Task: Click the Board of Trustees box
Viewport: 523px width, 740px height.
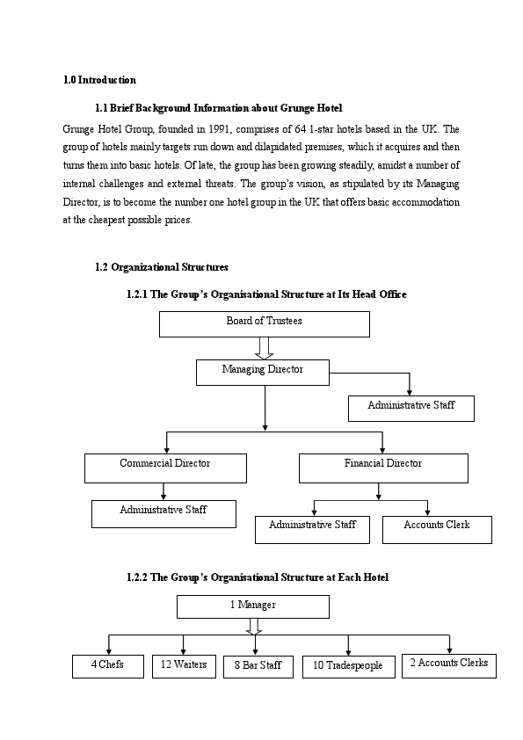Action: [x=264, y=323]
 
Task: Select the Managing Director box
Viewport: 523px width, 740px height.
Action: [x=262, y=372]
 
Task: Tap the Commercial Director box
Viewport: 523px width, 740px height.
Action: [x=165, y=468]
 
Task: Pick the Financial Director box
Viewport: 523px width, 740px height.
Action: [x=383, y=468]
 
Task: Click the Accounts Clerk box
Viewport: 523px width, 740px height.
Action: [x=437, y=529]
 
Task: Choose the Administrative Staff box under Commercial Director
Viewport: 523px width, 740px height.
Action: [x=163, y=513]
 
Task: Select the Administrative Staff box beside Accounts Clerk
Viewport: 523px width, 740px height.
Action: [x=312, y=529]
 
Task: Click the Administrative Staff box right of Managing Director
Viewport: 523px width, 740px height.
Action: [x=410, y=408]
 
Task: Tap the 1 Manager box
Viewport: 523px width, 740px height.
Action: [x=253, y=606]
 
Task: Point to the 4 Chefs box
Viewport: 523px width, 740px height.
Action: [x=107, y=666]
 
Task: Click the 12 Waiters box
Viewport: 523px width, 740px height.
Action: [x=184, y=666]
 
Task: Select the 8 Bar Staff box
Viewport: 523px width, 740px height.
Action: [x=258, y=667]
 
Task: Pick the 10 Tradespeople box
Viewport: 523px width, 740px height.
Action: [x=348, y=667]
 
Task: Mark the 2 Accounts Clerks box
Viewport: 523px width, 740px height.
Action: [x=448, y=665]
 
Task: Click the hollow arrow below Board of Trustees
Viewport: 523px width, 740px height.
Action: [x=264, y=348]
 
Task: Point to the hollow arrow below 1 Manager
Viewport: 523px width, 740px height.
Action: [x=254, y=626]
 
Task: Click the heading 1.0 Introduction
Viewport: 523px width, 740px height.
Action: [x=99, y=80]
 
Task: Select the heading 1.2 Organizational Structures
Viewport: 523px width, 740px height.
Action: [x=161, y=267]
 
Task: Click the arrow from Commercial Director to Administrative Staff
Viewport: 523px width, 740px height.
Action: [x=163, y=491]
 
